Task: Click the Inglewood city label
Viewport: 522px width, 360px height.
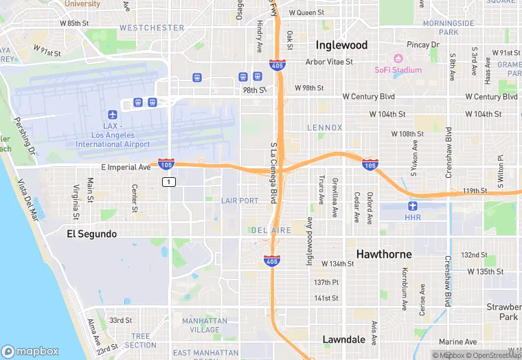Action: coord(341,45)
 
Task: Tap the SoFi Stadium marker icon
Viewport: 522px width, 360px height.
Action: coord(398,58)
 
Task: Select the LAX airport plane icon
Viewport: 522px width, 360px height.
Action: coord(113,114)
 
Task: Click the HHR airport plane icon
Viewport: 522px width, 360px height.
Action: coord(412,205)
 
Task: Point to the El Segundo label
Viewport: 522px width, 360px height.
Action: coord(91,234)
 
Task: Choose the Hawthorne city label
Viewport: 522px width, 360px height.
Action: coord(384,254)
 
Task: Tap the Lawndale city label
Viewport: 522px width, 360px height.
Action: coord(344,339)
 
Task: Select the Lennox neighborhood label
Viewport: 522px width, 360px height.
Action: coord(324,128)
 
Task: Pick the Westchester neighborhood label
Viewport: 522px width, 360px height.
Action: coord(151,28)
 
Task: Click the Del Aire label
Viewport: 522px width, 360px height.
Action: coord(271,230)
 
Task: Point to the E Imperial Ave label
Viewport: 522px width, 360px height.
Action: coord(126,167)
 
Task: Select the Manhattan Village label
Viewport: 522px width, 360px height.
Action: coord(205,325)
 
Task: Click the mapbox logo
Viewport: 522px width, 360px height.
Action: coord(30,350)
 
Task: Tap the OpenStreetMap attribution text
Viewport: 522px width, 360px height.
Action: coord(492,355)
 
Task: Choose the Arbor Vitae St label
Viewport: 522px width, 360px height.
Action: coord(329,62)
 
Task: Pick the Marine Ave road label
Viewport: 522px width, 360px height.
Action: coord(457,341)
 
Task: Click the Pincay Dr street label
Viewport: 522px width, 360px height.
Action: coord(422,45)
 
